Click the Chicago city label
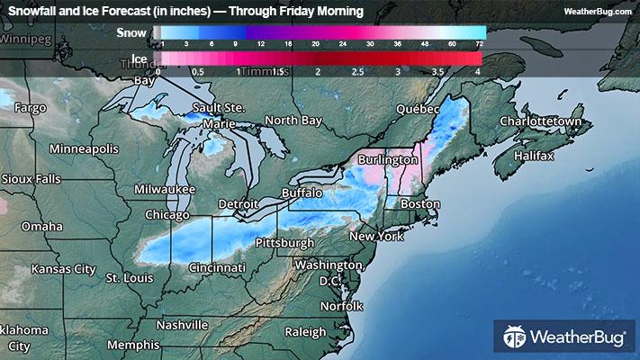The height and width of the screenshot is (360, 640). (x=167, y=215)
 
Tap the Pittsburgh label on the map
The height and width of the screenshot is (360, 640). (x=285, y=243)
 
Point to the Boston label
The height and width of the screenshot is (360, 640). (x=420, y=204)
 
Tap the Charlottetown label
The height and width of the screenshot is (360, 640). (x=543, y=121)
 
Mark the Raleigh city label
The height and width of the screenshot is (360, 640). (x=305, y=332)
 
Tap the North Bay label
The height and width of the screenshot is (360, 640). (x=293, y=121)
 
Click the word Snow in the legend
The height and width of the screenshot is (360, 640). (x=131, y=33)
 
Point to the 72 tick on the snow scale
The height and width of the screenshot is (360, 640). (x=480, y=44)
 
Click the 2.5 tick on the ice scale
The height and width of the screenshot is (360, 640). (x=357, y=70)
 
